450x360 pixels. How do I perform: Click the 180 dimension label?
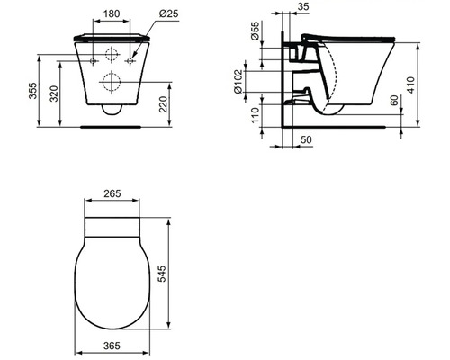click(112, 13)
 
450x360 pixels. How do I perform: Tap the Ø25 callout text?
click(168, 13)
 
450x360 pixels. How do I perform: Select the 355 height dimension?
click(32, 91)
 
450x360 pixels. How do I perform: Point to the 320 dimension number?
click(54, 94)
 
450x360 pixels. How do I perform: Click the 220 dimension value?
click(163, 104)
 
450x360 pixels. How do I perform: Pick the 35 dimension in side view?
click(303, 6)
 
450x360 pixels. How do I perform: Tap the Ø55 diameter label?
click(255, 31)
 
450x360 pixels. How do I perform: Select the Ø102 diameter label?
click(238, 82)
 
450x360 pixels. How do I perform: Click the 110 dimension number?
click(255, 115)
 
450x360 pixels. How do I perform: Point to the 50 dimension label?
click(306, 139)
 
